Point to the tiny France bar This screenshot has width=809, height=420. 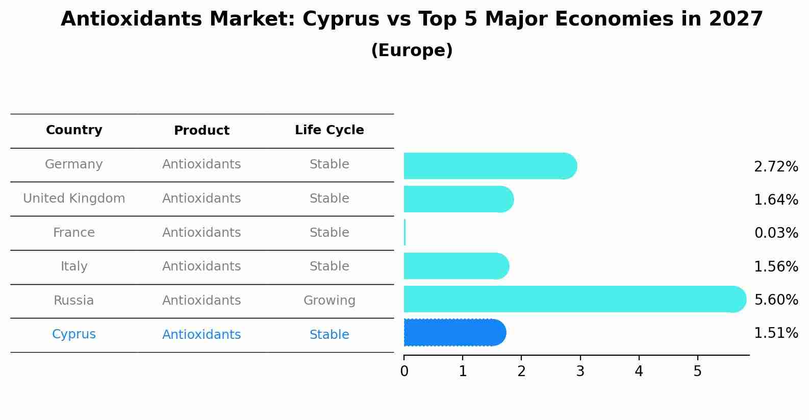(405, 233)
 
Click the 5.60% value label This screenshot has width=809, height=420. (776, 300)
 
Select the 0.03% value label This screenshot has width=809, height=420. (776, 233)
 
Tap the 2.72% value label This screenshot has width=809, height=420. (776, 167)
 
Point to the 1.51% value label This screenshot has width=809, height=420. (776, 333)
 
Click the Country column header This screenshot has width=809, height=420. (74, 130)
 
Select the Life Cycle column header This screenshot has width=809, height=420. (329, 130)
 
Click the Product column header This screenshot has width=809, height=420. (201, 131)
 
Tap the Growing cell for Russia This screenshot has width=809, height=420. (329, 301)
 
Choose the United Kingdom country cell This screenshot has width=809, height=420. (74, 199)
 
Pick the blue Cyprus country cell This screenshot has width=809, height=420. (74, 334)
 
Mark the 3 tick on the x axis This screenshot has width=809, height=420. (580, 371)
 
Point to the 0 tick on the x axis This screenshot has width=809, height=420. (404, 371)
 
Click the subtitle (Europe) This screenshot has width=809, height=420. (412, 51)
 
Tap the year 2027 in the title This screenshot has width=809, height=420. (736, 19)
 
